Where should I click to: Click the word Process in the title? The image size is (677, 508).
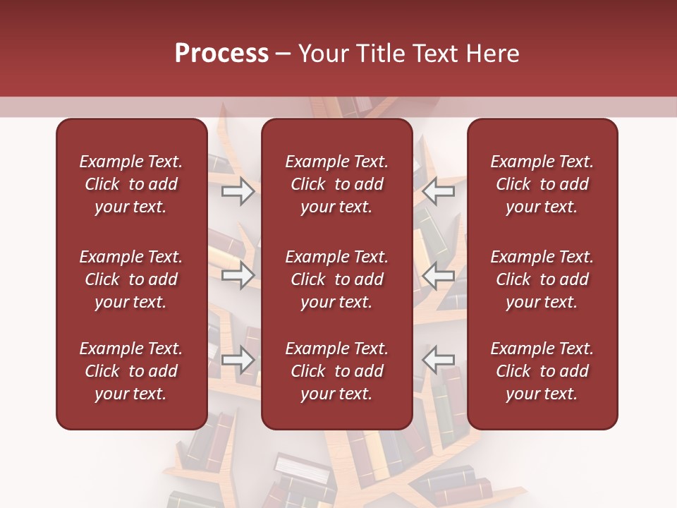coord(221,54)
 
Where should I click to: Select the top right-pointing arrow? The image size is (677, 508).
coord(238,190)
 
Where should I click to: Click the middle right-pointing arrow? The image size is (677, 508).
coord(238,275)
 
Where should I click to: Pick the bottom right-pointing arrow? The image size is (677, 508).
coord(238,360)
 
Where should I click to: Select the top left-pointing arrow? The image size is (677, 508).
coord(438,190)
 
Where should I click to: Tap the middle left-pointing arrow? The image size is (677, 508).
coord(438,275)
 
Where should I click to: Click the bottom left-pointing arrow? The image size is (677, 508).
coord(438,360)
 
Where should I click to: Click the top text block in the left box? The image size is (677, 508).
coord(131,184)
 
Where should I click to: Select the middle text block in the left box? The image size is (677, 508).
coord(131,279)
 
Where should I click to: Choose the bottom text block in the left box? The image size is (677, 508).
coord(131,371)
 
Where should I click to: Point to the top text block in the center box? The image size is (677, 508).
coord(337,184)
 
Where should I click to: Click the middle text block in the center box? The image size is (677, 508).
coord(337,279)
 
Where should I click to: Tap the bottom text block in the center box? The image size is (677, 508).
coord(337,371)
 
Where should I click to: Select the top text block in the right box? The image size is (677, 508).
coord(542,184)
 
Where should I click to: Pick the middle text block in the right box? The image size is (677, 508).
coord(542,279)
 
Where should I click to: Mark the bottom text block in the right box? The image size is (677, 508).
coord(542,371)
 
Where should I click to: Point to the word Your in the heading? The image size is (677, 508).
coord(323,54)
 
